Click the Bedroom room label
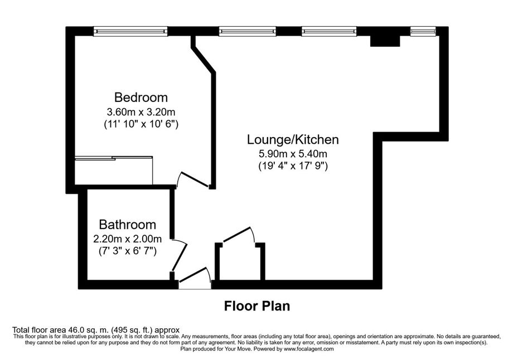(x=141, y=98)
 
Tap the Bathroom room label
(x=128, y=225)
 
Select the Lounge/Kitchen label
(x=293, y=139)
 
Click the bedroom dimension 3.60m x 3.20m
(x=141, y=112)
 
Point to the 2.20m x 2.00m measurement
(x=128, y=239)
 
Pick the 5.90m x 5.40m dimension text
(x=293, y=153)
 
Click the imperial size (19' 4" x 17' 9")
(x=293, y=166)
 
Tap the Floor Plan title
(x=257, y=306)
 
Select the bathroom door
(x=180, y=255)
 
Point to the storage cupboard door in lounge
(x=239, y=235)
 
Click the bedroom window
(x=130, y=31)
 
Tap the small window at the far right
(x=423, y=31)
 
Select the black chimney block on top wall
(x=385, y=41)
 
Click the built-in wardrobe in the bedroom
(x=114, y=171)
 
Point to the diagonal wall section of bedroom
(x=204, y=60)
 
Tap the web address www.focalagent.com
(x=308, y=349)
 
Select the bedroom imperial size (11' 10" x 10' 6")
(x=141, y=125)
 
